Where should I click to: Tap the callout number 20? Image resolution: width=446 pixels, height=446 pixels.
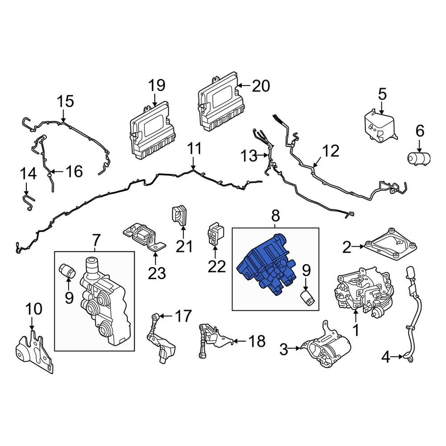pos(260,86)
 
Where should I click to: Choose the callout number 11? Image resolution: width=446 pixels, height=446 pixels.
pos(194,149)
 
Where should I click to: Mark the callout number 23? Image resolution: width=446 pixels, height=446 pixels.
pos(156,273)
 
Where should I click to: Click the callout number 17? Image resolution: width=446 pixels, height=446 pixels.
pos(183,316)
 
